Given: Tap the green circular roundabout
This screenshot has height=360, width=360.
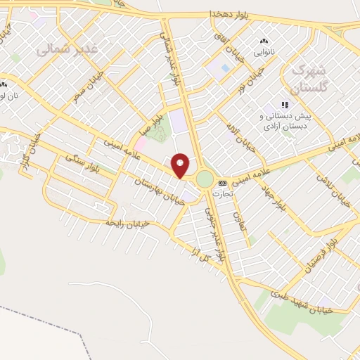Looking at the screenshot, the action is click(x=204, y=179).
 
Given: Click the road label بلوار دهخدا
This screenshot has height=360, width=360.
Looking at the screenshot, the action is click(x=231, y=14).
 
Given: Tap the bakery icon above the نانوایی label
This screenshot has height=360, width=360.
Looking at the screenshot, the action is click(x=264, y=41).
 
